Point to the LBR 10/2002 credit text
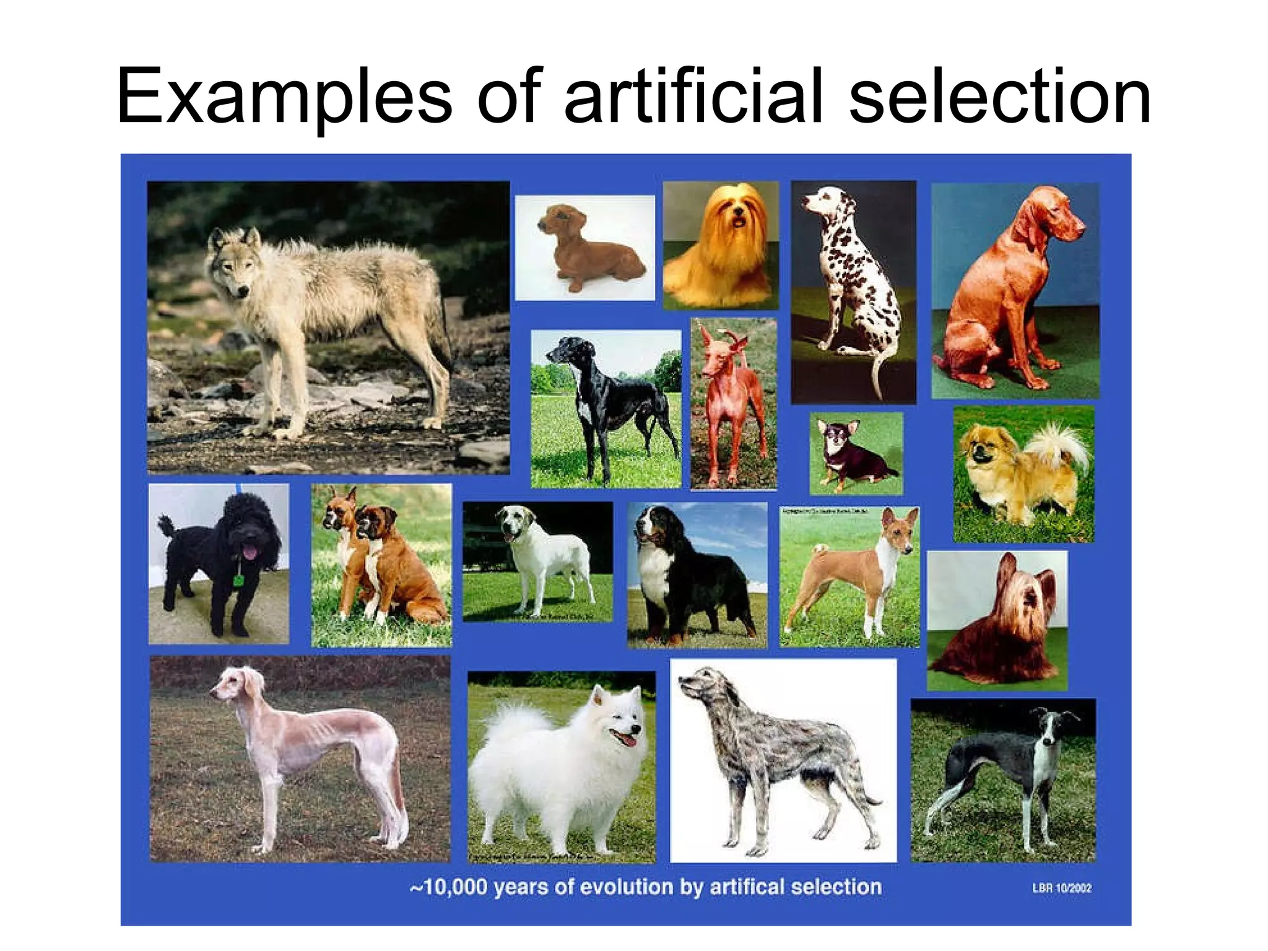[1061, 888]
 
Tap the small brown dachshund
[588, 248]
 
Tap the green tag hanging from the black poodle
[237, 581]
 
